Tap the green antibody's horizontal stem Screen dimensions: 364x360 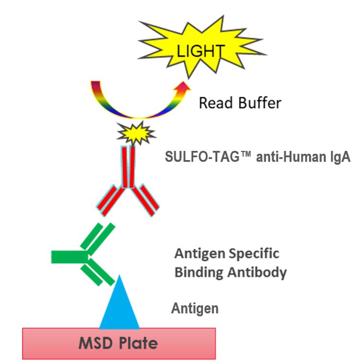[x=67, y=257]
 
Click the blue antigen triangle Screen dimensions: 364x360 [x=119, y=306]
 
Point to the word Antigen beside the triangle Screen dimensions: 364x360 [x=195, y=309]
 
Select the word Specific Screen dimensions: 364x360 [x=258, y=253]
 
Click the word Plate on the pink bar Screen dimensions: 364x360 [x=138, y=343]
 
